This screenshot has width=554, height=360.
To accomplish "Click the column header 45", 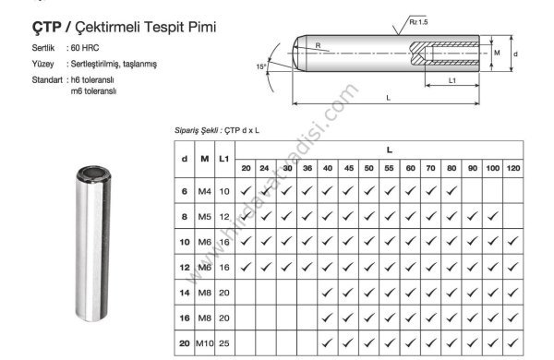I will coord(348,169).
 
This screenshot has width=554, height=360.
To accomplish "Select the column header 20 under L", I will coord(246,169).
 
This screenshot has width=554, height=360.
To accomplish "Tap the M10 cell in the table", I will coord(205,344).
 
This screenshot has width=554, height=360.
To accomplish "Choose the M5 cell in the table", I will coord(205,216).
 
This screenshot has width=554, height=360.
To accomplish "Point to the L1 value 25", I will coord(224,344).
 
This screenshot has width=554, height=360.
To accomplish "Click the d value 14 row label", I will coord(185,293).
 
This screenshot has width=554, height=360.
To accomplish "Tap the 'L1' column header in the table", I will coord(224,159).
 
